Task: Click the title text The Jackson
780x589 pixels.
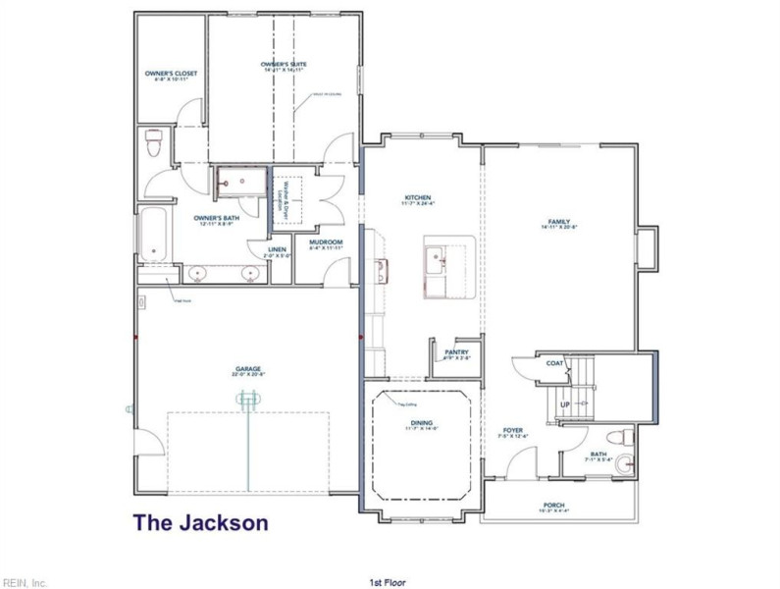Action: [x=200, y=522]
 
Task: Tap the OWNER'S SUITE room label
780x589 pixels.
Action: [x=284, y=65]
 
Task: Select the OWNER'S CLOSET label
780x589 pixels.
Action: [x=171, y=75]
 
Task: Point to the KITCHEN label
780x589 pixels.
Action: [x=418, y=199]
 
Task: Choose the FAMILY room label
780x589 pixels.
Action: [x=560, y=223]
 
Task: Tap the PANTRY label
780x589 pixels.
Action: [x=456, y=353]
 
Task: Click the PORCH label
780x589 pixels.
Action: [x=554, y=508]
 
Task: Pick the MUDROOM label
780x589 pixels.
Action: [x=325, y=243]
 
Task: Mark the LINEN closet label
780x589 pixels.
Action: [x=278, y=249]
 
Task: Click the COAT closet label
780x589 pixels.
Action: [x=553, y=362]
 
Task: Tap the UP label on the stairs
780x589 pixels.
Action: [x=565, y=404]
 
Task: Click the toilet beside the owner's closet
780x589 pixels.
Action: [x=152, y=144]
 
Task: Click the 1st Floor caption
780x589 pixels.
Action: [x=389, y=582]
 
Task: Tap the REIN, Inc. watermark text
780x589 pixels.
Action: [x=25, y=582]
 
